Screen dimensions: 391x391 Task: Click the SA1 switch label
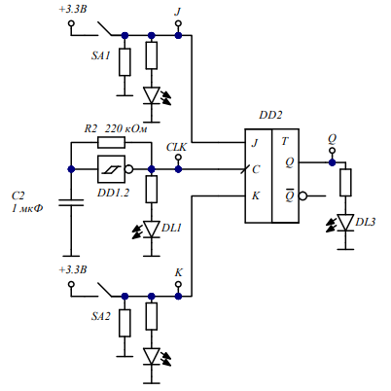tap(100, 55)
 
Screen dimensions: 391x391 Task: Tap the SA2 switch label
tap(100, 316)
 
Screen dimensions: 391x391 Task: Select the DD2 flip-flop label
tap(270, 115)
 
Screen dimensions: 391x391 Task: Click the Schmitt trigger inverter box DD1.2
tap(111, 169)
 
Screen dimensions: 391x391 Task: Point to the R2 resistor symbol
tap(111, 142)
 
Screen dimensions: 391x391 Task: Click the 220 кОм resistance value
tap(125, 128)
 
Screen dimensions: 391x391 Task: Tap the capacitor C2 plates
tap(71, 203)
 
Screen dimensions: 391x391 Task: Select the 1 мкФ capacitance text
tap(27, 208)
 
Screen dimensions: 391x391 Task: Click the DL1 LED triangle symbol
tap(152, 230)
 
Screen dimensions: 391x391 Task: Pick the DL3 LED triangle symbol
tap(345, 223)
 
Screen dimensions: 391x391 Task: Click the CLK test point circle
tap(178, 158)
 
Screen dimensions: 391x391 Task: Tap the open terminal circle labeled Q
tap(332, 151)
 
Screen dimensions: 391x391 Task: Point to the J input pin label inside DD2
tap(255, 143)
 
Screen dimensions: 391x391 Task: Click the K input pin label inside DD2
tap(256, 195)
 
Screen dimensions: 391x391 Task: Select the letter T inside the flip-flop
tap(285, 141)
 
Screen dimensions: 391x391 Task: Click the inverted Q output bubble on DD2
tap(302, 195)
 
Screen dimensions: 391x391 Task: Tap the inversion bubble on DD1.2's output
tap(129, 169)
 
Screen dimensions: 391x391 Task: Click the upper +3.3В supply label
tap(73, 9)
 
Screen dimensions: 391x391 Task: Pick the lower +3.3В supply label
tap(73, 269)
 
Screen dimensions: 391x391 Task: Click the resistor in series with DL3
tap(345, 183)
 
